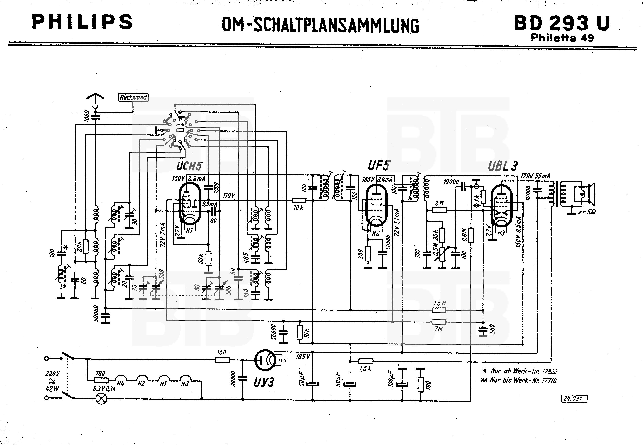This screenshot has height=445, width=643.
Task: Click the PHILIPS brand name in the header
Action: coord(82,22)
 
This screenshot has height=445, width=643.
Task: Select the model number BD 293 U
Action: coord(562,23)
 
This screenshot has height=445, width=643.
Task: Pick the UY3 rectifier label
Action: coord(264,382)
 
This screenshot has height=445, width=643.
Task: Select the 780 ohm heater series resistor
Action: coord(101,380)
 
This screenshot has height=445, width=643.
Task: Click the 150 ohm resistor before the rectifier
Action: coord(222,360)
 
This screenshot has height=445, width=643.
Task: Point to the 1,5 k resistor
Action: coord(366,361)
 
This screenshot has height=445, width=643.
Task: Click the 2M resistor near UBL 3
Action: coord(439,210)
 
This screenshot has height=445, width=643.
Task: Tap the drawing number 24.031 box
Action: coord(574,399)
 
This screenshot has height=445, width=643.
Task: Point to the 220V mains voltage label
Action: coord(52,373)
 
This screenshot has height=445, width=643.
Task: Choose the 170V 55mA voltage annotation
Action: coord(535,176)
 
